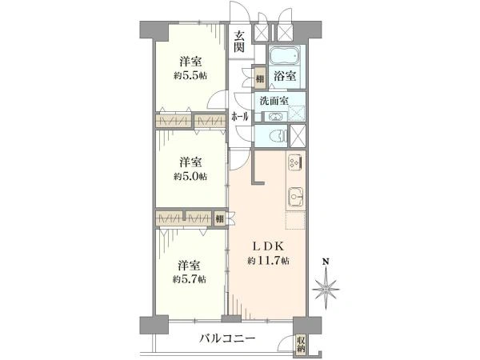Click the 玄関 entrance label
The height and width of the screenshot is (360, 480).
click(239, 41)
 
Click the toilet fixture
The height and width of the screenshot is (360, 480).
click(277, 134)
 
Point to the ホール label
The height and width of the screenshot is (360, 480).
click(239, 117)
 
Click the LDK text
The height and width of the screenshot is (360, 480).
click(267, 246)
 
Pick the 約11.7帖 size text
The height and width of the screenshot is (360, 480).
click(267, 261)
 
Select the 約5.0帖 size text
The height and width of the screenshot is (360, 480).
click(190, 175)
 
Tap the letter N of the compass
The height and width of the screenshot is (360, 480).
click(326, 262)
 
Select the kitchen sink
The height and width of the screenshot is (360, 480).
click(294, 194)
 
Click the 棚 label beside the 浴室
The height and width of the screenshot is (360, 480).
click(260, 78)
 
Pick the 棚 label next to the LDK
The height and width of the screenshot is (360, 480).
click(219, 218)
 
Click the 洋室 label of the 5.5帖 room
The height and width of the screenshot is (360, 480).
click(190, 61)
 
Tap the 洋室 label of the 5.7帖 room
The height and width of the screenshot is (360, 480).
click(190, 265)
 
